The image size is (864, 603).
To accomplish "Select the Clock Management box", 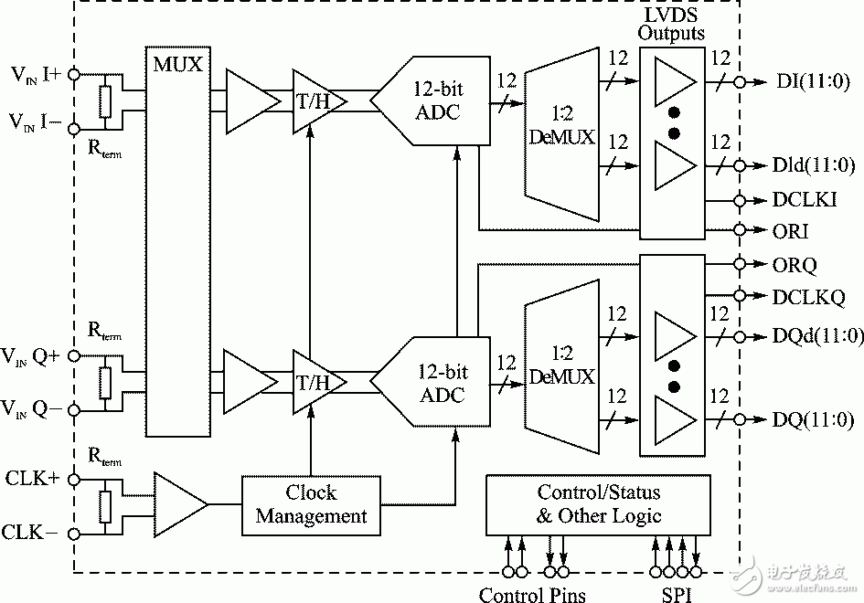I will coord(311,504).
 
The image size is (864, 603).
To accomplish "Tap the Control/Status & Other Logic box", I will coord(598,504).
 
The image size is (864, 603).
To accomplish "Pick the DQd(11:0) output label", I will coord(816,334).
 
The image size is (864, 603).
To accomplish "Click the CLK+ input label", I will coord(33,478).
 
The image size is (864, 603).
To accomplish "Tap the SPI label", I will coord(676,594).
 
